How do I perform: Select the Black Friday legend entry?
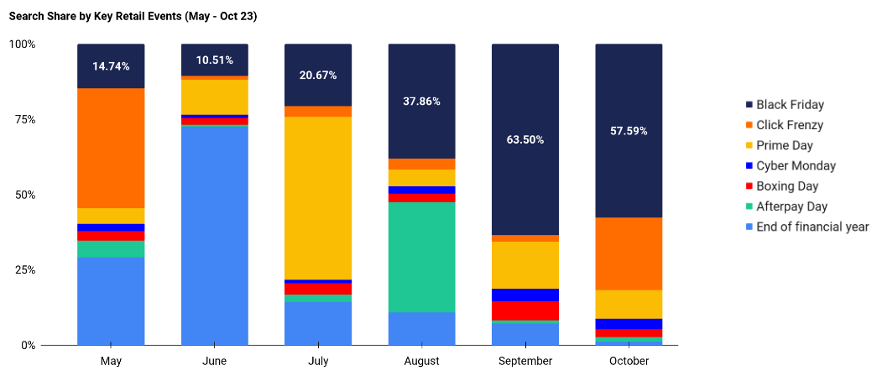790,105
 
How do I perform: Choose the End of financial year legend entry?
812,227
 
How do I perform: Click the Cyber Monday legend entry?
796,166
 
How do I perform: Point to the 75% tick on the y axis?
23,120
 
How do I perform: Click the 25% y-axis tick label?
23,270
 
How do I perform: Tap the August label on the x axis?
421,361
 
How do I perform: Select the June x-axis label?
214,361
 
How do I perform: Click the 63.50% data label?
525,139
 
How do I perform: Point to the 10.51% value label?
214,60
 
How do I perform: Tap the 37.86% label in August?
421,101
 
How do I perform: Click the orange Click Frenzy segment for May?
111,148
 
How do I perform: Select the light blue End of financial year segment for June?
214,235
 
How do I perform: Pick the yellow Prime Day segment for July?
318,198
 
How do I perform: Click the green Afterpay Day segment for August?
421,257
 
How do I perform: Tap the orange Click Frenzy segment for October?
629,253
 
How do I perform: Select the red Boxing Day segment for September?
525,311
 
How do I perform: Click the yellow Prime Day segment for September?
525,264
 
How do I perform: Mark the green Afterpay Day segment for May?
111,249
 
